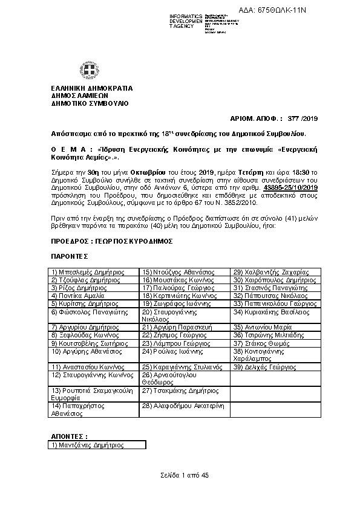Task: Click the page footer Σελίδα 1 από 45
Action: [180, 476]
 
